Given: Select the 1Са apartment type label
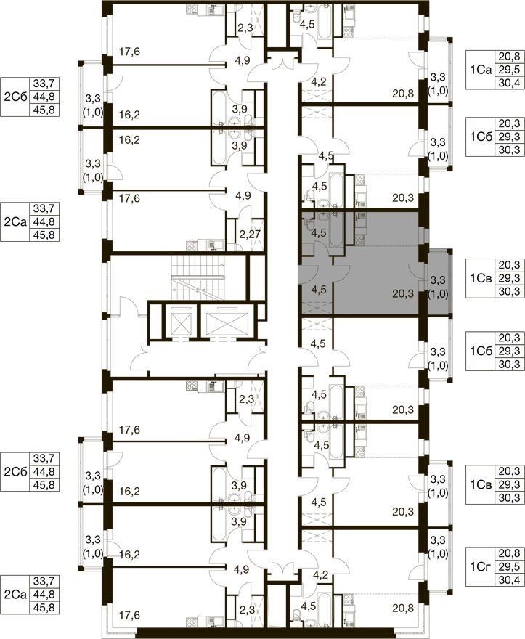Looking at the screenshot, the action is [481, 70].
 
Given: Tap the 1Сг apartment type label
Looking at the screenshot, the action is [481, 566].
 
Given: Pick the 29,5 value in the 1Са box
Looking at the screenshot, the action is [509, 70].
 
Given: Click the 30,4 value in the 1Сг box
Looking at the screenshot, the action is [509, 579].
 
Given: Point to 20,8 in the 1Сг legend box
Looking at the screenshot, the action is [509, 553].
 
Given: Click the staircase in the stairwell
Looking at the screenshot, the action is [198, 278].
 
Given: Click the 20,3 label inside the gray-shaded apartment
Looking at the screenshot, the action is [403, 293].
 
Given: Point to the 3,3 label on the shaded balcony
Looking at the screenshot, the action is [438, 280].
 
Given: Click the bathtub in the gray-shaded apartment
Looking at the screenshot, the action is [337, 229].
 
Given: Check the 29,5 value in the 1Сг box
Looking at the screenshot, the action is [509, 566].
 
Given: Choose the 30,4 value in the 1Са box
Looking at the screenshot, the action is [509, 83].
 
